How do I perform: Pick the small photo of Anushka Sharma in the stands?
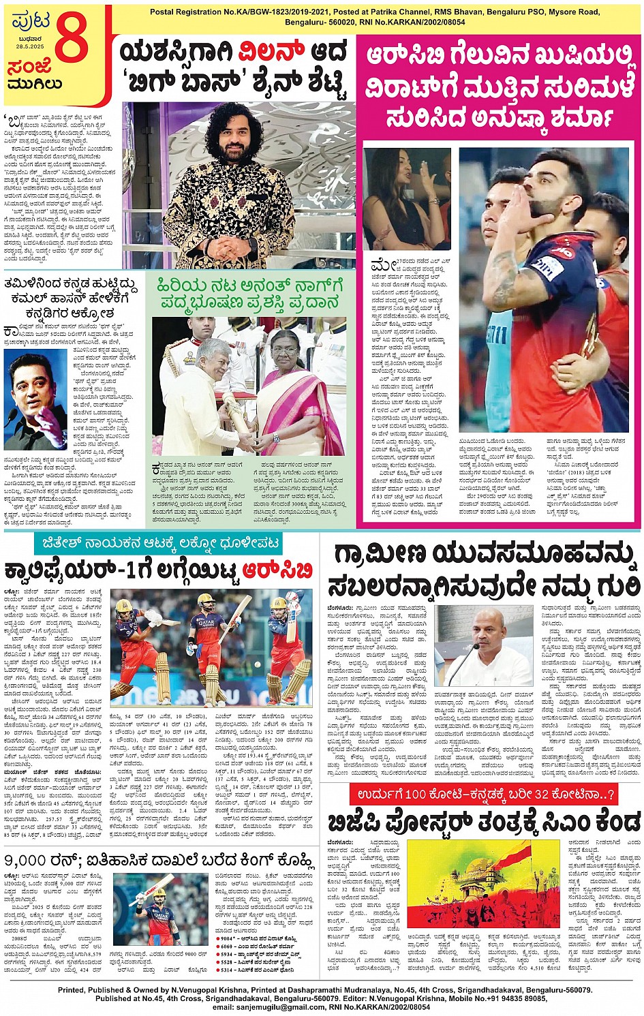tap(406, 199)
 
